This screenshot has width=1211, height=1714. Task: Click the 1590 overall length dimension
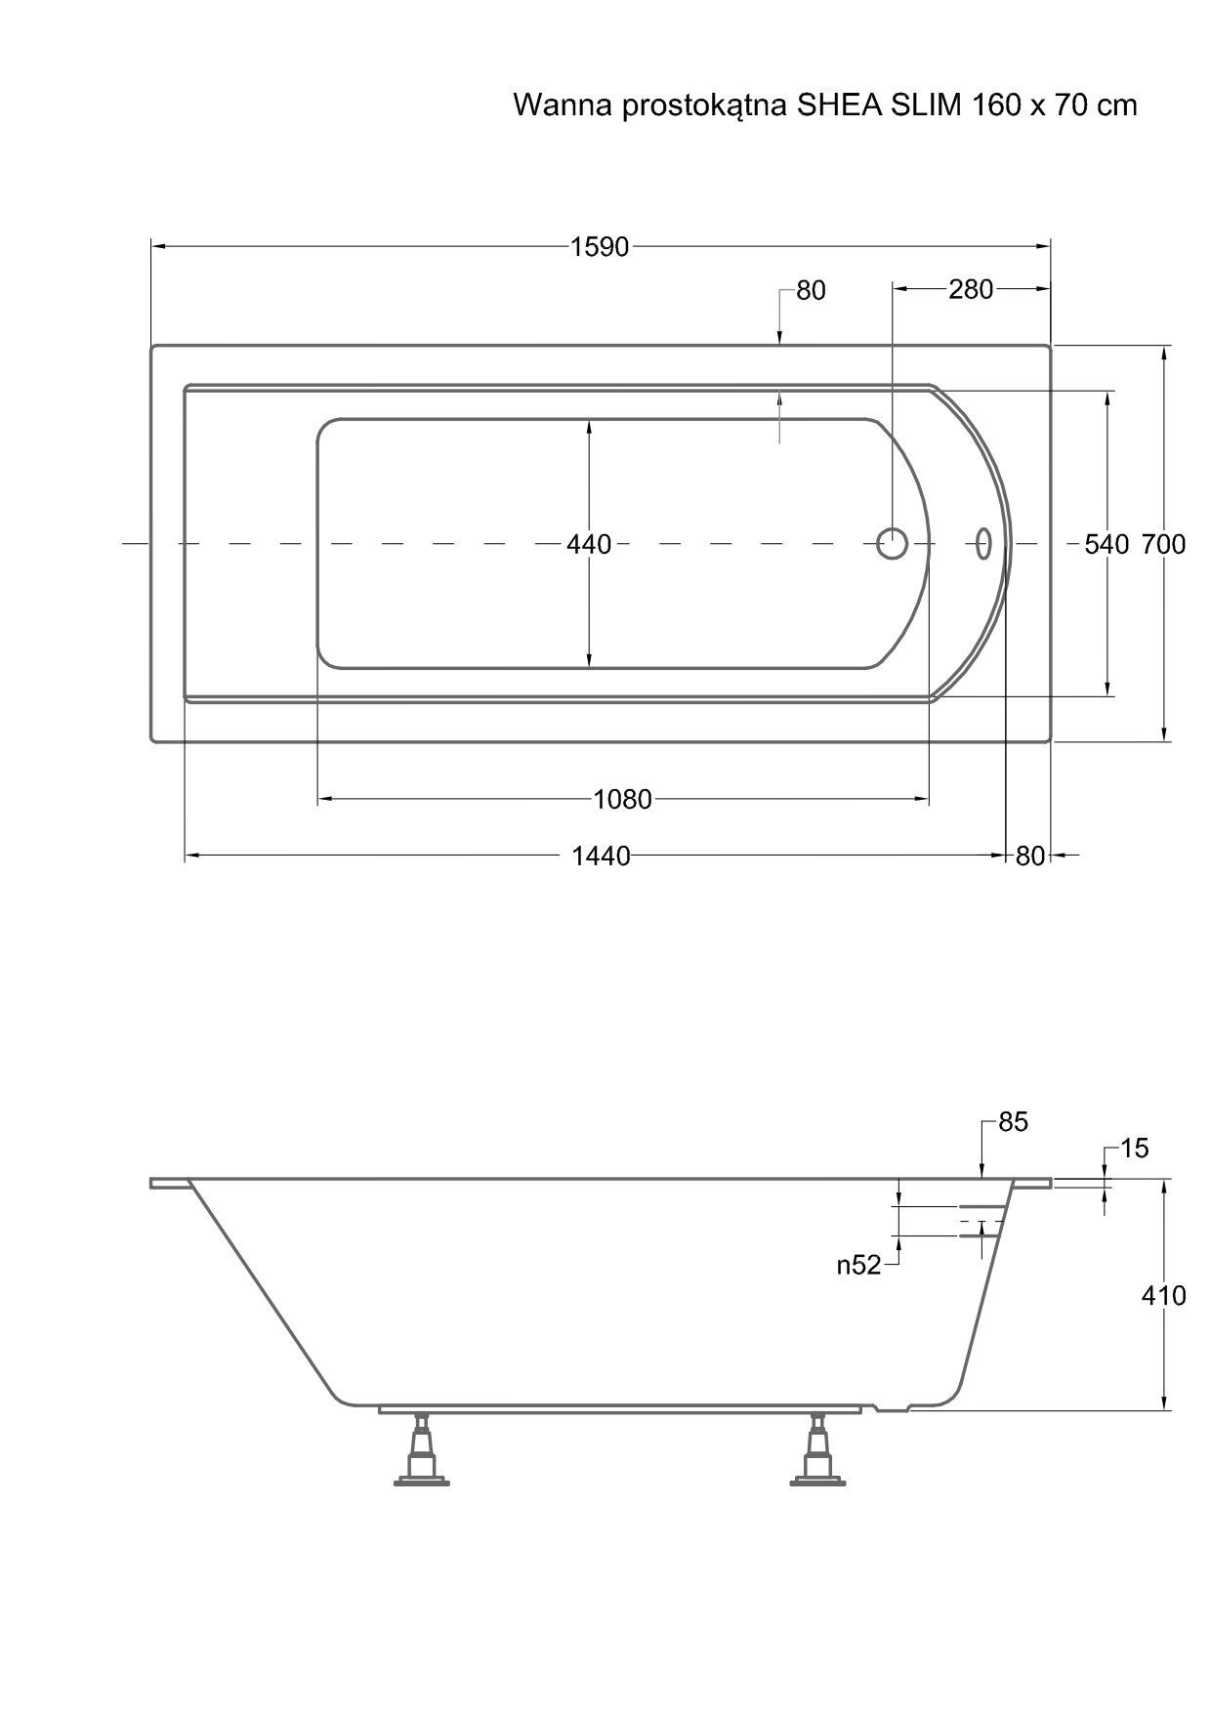pyautogui.click(x=600, y=247)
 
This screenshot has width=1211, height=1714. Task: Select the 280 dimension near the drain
pyautogui.click(x=970, y=289)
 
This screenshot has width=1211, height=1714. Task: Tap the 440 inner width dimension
pyautogui.click(x=589, y=544)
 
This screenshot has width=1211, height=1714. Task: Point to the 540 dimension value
pyautogui.click(x=1107, y=544)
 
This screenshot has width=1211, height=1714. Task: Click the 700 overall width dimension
pyautogui.click(x=1163, y=544)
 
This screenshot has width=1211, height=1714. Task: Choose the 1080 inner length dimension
pyautogui.click(x=622, y=800)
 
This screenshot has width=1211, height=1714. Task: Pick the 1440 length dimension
pyautogui.click(x=601, y=857)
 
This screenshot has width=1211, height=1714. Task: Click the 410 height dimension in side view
pyautogui.click(x=1163, y=1295)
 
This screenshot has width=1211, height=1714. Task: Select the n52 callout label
pyautogui.click(x=858, y=1265)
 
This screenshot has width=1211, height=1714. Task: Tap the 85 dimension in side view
pyautogui.click(x=1013, y=1122)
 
